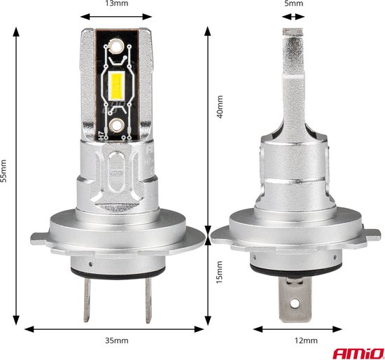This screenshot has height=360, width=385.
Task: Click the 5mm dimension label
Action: pos(294,4)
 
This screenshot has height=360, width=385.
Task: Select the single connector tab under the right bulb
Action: pos(294,293)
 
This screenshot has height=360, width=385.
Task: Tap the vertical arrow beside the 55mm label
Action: pos(17,175)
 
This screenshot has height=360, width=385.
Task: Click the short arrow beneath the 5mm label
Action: pos(294,15)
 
